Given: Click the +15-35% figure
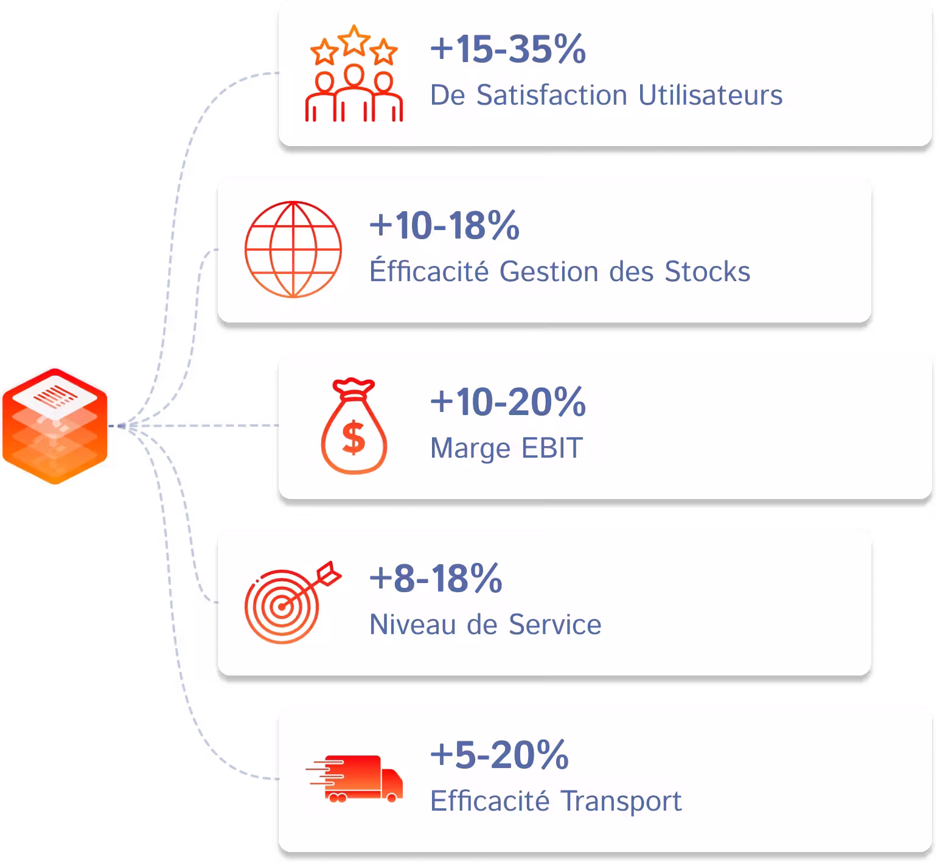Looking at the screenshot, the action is pos(508,49).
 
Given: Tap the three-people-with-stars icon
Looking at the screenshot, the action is pos(354,73).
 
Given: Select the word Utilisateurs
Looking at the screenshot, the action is pos(711,95).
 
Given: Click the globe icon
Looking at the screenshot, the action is pos(293,250).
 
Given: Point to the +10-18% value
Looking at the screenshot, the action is pos(445,225).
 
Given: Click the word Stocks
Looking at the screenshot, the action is pos(708,271).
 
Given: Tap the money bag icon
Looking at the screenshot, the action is pos(354,426).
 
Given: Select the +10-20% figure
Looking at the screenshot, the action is pos(508,402).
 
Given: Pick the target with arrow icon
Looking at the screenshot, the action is pos(292,602).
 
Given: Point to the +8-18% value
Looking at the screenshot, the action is pos(436,578).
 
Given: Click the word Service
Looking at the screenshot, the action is pos(555,624).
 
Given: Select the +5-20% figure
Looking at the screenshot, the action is pos(500,755).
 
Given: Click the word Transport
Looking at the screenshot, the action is pos(621,802).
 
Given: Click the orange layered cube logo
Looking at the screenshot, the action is pos(55,426).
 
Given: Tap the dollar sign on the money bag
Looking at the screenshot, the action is pos(354,438).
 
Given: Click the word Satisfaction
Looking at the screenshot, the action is pos(552,95).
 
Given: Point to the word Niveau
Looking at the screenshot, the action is pos(413,624).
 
